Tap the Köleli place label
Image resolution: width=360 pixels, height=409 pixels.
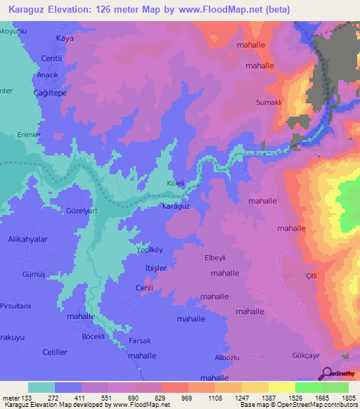[175, 183]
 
